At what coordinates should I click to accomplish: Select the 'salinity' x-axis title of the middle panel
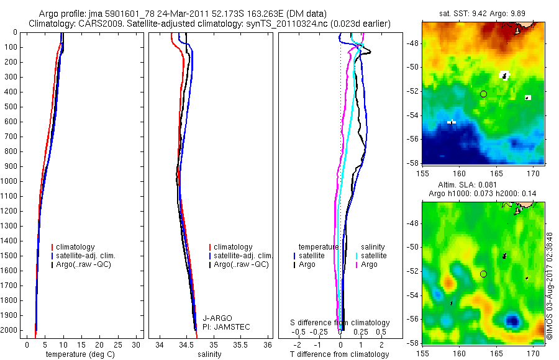tap(209, 354)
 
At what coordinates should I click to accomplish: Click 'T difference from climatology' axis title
tap(339, 354)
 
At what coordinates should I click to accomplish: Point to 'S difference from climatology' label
tap(340, 323)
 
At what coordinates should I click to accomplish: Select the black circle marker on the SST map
tap(483, 94)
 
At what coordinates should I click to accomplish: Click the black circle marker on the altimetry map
tap(483, 274)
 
